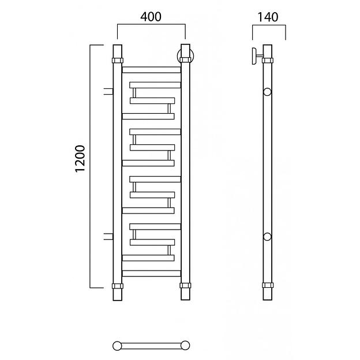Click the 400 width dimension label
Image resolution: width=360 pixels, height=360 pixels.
pyautogui.click(x=151, y=17)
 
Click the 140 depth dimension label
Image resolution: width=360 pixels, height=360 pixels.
pyautogui.click(x=268, y=17)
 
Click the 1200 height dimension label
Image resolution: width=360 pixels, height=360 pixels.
pyautogui.click(x=80, y=159)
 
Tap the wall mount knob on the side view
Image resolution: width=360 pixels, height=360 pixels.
pyautogui.click(x=255, y=56)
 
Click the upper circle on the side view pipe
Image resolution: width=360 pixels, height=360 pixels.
pyautogui.click(x=267, y=92)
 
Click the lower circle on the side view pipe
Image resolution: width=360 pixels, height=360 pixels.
pyautogui.click(x=267, y=237)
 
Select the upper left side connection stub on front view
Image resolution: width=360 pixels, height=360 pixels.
pyautogui.click(x=108, y=91)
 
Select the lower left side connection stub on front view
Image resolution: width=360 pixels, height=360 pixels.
pyautogui.click(x=108, y=237)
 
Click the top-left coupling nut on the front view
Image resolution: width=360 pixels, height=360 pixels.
pyautogui.click(x=118, y=61)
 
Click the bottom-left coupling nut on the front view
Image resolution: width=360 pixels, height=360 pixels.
pyautogui.click(x=118, y=286)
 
